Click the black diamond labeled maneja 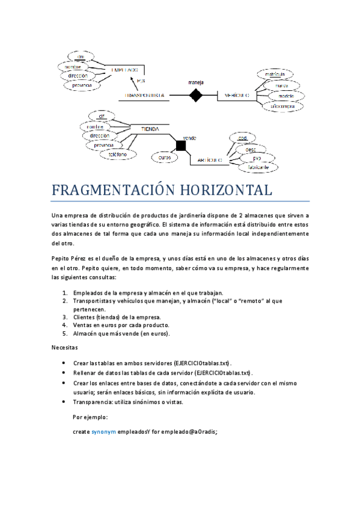pos(195,95)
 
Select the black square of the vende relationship pos(182,146)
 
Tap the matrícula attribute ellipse pos(273,75)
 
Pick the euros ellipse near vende pos(164,158)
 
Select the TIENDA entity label pos(150,129)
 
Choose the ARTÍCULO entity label pos(210,161)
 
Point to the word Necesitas pos(64,348)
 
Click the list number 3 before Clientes pos(65,316)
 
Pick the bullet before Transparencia pos(64,402)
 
